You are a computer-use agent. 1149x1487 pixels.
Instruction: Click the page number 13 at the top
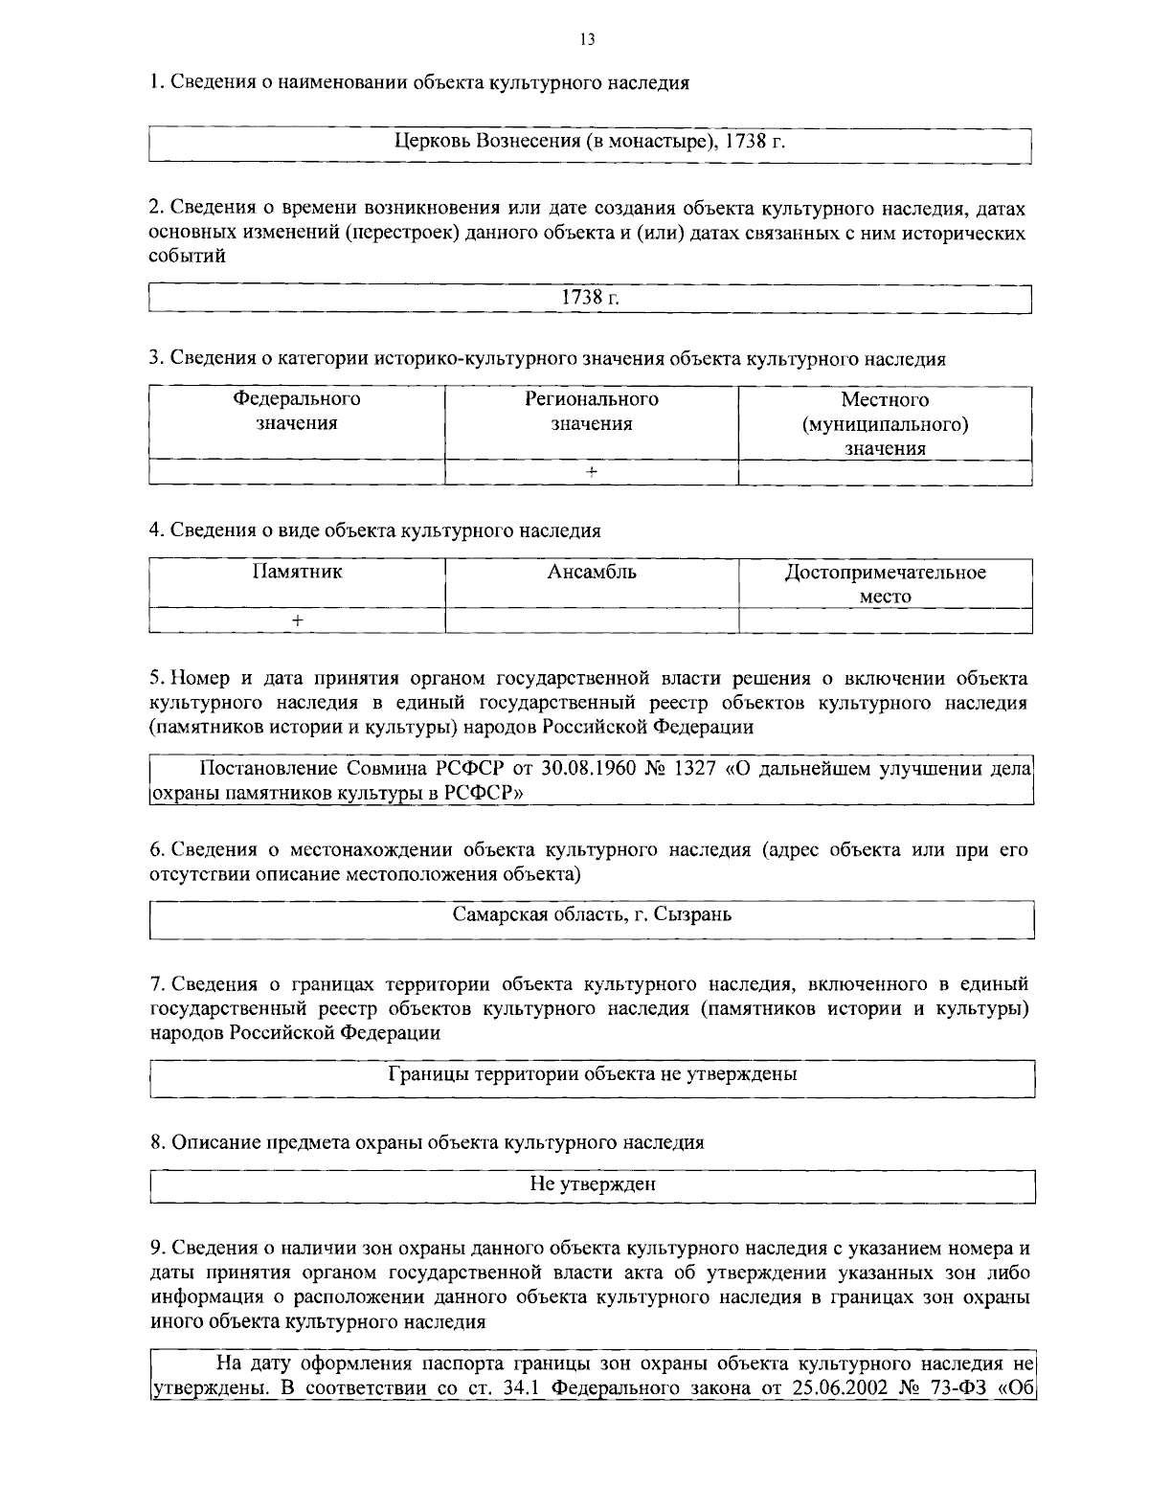click(587, 39)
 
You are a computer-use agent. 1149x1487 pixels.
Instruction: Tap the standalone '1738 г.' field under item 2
click(590, 298)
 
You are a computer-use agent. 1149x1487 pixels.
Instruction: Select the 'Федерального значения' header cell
click(297, 412)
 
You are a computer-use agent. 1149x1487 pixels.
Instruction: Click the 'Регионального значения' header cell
click(591, 412)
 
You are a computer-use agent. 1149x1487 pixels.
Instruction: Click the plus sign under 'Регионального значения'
click(591, 472)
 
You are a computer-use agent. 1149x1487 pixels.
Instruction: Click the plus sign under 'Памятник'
click(297, 620)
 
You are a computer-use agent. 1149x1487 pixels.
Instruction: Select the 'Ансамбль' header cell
click(591, 573)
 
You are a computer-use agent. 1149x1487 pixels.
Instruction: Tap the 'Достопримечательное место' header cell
click(885, 584)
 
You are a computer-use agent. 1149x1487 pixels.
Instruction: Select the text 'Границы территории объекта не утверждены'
click(593, 1073)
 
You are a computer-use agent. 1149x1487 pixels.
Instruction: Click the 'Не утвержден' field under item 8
click(593, 1184)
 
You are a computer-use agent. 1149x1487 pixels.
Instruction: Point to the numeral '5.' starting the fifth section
click(158, 679)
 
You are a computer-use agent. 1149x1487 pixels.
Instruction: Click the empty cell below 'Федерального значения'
click(297, 472)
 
